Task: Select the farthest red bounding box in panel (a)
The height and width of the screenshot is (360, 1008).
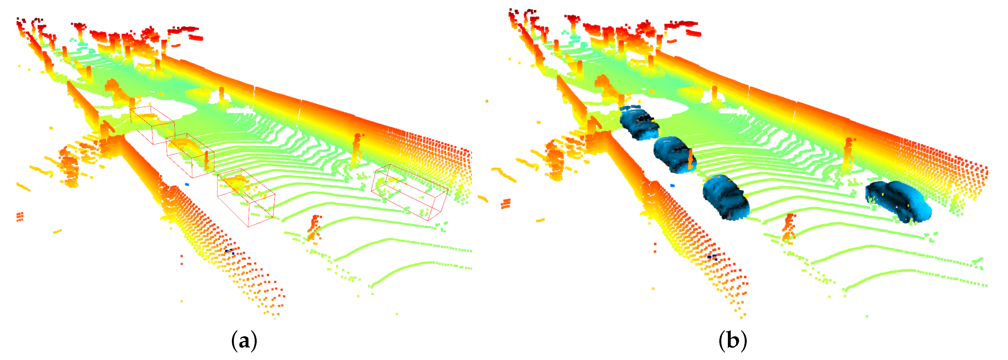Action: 152,124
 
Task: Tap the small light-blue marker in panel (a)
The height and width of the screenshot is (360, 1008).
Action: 187,184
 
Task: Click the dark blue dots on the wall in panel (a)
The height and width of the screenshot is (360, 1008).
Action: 230,251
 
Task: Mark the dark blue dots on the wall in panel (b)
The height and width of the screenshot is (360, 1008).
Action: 712,257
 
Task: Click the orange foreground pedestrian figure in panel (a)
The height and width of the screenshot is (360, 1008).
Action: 314,228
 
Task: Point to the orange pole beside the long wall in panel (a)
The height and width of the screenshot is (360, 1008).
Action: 357,149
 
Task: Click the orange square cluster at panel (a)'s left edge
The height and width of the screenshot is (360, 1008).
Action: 20,216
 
